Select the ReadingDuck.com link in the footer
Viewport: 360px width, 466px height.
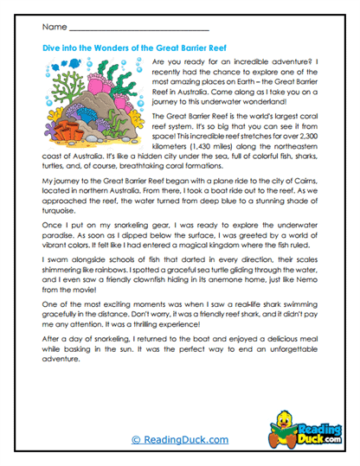(x=179, y=439)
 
